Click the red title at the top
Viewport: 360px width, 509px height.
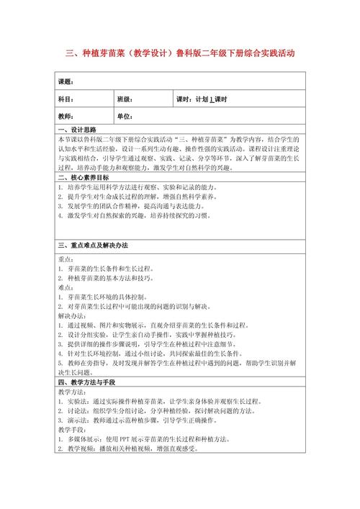[x=179, y=53]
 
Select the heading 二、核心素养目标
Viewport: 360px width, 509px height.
[x=84, y=177]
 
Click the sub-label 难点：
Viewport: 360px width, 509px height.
[x=66, y=287]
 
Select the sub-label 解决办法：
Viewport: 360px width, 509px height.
[x=70, y=315]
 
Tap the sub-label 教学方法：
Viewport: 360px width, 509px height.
[x=70, y=392]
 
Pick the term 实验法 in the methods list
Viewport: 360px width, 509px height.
[x=76, y=401]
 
